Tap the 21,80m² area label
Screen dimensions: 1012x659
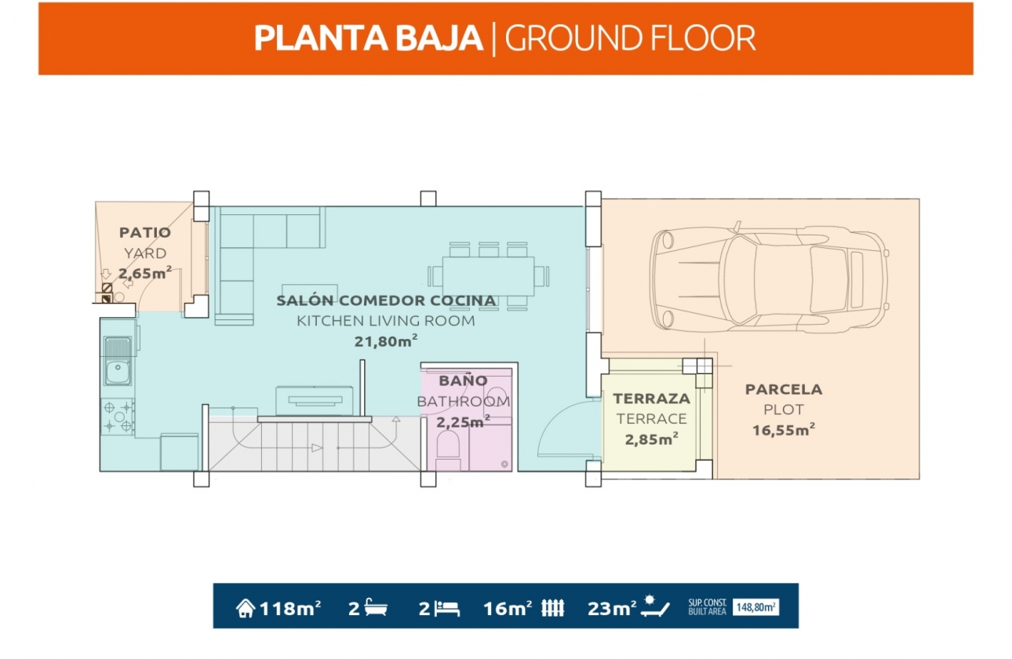click(386, 341)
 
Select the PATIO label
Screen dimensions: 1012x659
click(145, 233)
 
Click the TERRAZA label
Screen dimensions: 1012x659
click(651, 399)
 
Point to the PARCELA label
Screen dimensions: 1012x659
click(784, 389)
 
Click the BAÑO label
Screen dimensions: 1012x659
click(463, 380)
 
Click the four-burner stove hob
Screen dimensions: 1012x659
click(118, 417)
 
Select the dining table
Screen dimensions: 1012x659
click(489, 276)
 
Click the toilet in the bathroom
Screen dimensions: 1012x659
click(448, 450)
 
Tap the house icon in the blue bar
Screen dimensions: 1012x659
click(246, 608)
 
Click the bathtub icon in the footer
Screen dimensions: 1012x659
click(376, 607)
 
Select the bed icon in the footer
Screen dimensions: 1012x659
click(447, 609)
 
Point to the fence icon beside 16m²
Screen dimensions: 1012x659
click(553, 608)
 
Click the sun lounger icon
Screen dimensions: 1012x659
click(655, 606)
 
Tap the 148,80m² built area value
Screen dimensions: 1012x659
click(755, 607)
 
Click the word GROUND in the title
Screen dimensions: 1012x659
click(573, 38)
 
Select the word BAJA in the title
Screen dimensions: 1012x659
click(439, 38)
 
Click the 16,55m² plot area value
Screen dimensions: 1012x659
click(784, 430)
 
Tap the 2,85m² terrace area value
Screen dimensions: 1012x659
click(651, 439)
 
